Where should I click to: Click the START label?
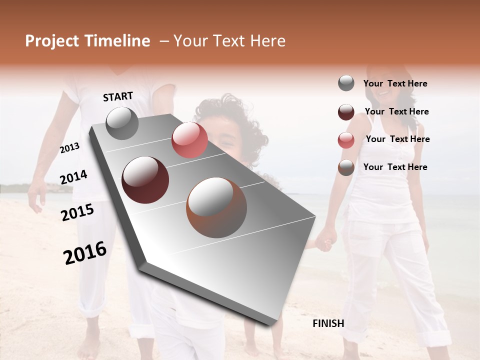pos(118,96)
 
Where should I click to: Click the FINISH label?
pos(328,323)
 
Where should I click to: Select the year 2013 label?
pos(70,148)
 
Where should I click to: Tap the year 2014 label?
pos(73,177)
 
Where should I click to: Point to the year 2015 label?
pos(77,212)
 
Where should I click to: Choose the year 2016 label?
pos(85,252)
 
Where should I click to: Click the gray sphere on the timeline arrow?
pos(122,123)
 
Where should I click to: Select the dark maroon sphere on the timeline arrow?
pos(145,179)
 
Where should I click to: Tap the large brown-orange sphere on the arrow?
pos(216,207)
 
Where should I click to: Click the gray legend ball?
pos(346,83)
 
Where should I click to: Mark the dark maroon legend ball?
pos(346,111)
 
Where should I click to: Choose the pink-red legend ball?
pos(346,139)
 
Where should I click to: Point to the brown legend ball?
pos(346,167)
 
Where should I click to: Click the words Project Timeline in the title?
pos(87,41)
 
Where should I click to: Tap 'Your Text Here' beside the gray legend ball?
pos(395,83)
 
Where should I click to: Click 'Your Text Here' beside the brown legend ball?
pos(395,167)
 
